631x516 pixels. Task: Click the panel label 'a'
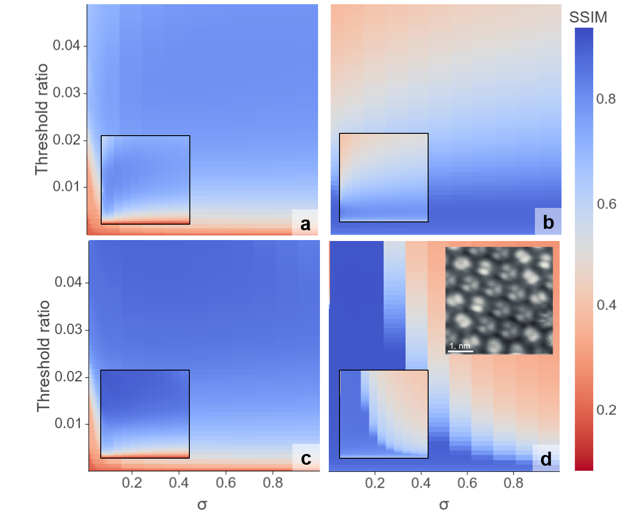tap(305, 224)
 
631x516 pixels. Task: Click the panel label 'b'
tap(548, 222)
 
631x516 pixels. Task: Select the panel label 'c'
tap(306, 459)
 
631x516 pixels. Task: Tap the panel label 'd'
tap(546, 459)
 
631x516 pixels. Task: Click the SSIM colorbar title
tap(588, 17)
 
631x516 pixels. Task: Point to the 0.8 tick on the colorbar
tap(605, 99)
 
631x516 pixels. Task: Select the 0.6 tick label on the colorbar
tap(606, 204)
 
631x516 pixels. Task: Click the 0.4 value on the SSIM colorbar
tap(606, 305)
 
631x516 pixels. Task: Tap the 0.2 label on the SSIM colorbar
tap(606, 410)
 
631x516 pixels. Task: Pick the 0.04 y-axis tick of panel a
tap(66, 45)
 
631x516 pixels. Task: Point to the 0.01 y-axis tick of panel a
tap(66, 186)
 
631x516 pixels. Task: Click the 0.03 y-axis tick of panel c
tap(68, 330)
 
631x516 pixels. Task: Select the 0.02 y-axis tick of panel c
tap(68, 376)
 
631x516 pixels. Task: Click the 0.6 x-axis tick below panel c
tap(226, 482)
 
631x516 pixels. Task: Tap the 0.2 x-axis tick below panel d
tap(375, 482)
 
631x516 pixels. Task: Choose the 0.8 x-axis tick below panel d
tap(513, 482)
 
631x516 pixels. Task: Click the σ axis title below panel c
tap(202, 505)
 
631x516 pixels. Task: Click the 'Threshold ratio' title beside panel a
tap(42, 119)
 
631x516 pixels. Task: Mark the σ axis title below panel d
tap(444, 505)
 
